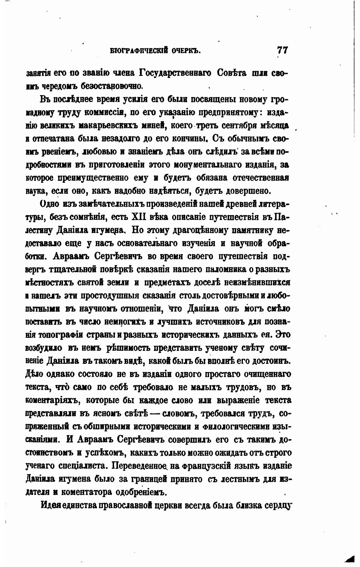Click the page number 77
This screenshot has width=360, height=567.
pos(283,50)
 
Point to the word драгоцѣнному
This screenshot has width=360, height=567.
pos(195,230)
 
